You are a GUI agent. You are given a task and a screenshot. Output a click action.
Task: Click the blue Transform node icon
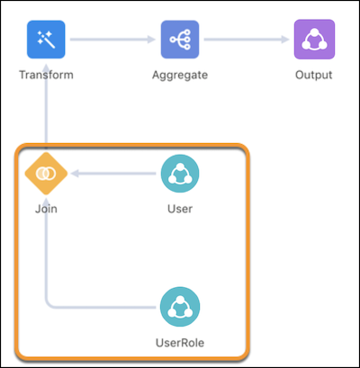(x=46, y=40)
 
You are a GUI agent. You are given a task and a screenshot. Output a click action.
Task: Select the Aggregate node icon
(x=180, y=40)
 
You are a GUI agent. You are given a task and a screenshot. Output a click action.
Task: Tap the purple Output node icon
(x=314, y=40)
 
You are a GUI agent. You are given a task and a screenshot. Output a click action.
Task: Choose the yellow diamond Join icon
(x=46, y=174)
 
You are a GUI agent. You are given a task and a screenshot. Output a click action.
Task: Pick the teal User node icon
(x=180, y=174)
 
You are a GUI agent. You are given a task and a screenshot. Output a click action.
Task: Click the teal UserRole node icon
(x=180, y=307)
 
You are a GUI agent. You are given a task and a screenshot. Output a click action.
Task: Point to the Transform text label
(x=46, y=75)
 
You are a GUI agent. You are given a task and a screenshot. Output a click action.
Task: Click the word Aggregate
(x=180, y=75)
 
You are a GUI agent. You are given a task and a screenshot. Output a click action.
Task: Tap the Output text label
(x=314, y=75)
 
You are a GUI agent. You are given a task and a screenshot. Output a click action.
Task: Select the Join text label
(x=46, y=209)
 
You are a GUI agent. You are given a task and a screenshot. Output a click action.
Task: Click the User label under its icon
(x=180, y=209)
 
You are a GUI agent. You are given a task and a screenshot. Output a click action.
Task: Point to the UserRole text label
(x=180, y=343)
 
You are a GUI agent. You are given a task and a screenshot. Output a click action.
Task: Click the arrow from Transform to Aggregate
(x=112, y=40)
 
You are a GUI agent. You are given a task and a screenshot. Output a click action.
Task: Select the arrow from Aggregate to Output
(x=247, y=40)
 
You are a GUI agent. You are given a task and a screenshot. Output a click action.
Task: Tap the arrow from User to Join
(x=113, y=174)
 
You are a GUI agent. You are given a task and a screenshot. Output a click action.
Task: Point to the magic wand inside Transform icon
(x=47, y=40)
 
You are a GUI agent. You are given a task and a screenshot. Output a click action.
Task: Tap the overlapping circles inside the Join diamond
(x=46, y=174)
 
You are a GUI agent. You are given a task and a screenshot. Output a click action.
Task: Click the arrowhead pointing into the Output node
(x=285, y=40)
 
